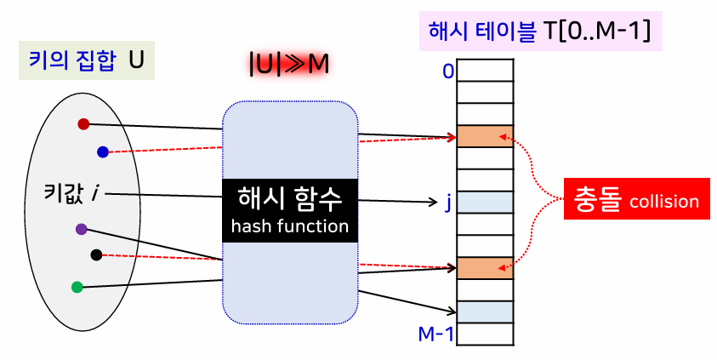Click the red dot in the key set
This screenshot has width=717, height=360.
point(83,124)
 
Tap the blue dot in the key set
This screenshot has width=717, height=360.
point(103,152)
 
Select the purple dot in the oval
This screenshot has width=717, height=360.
point(81,228)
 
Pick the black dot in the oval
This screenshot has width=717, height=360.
point(96,254)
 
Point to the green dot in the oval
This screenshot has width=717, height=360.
point(77,287)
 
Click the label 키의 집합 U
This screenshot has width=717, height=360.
point(86,61)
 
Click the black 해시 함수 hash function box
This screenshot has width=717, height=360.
point(289,210)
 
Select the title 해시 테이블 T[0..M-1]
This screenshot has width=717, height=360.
point(541,31)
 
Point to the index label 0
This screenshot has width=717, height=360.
point(447,71)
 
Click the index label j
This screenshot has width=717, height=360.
point(448,203)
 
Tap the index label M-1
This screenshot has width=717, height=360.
point(436,334)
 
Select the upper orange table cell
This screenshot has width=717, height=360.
point(486,136)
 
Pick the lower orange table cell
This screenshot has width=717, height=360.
point(486,268)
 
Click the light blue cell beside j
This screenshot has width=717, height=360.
point(486,203)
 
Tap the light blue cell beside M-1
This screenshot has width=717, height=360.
point(486,312)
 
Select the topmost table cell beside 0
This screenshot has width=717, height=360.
point(486,69)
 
